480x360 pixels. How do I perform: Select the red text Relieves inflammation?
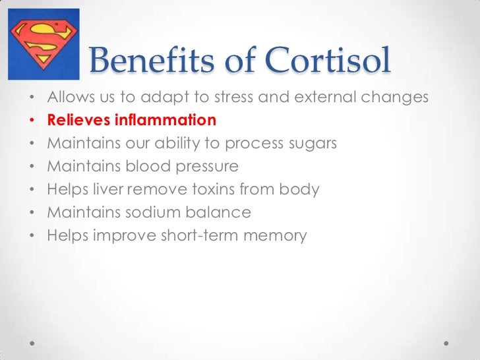coord(131,121)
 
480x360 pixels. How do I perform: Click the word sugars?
coord(311,144)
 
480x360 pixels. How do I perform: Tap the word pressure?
coord(205,167)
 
